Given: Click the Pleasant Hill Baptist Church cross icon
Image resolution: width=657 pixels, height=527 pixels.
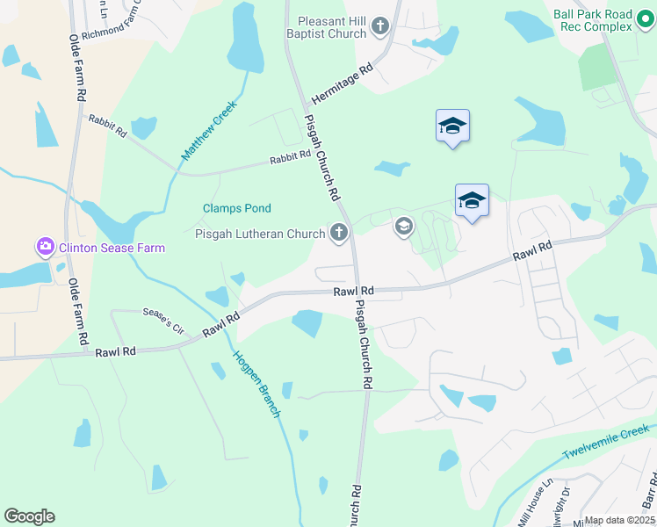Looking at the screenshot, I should [x=381, y=25].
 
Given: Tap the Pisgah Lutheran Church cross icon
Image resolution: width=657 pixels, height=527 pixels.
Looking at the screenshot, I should [x=339, y=233].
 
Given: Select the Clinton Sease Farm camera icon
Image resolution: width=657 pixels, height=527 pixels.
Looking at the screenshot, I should [x=45, y=248].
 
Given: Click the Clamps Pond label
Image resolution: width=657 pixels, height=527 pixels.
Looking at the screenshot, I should [x=237, y=208].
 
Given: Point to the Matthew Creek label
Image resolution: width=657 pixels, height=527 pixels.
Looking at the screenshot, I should [x=209, y=131].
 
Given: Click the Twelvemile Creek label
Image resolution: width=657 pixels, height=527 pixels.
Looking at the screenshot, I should [x=605, y=447].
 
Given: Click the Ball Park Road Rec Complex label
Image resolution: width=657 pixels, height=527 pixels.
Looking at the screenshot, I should [x=593, y=20].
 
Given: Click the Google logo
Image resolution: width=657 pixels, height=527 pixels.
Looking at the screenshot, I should [x=29, y=516].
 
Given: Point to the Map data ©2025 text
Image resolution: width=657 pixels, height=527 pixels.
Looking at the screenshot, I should [x=620, y=520].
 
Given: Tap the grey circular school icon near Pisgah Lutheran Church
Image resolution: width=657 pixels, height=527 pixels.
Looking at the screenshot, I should [x=403, y=227].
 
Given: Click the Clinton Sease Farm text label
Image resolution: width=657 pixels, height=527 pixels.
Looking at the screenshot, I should [x=112, y=248].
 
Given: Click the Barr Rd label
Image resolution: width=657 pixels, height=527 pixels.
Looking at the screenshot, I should [x=649, y=492].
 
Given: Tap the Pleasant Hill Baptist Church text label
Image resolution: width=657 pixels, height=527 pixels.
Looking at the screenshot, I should [x=326, y=26].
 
